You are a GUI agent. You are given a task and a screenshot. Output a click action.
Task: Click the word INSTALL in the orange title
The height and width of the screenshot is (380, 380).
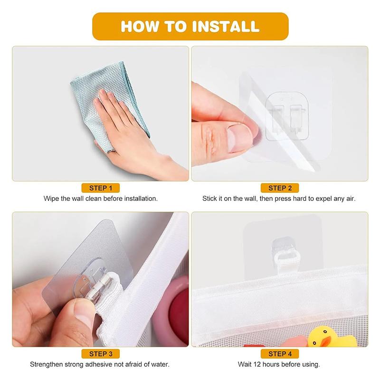point(226,27)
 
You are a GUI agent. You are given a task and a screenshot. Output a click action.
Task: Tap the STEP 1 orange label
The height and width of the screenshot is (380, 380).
point(101,188)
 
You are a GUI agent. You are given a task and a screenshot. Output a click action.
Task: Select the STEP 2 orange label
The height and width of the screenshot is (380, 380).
point(280,188)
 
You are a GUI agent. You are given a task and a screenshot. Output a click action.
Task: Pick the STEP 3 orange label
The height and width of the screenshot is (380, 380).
point(101,354)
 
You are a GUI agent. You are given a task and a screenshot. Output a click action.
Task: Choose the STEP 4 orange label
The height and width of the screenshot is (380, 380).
point(280,354)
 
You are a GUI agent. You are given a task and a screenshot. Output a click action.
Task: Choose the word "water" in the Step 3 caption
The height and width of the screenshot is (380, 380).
point(161,364)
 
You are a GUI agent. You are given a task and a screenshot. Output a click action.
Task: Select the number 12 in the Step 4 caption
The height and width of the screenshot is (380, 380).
point(257,364)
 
